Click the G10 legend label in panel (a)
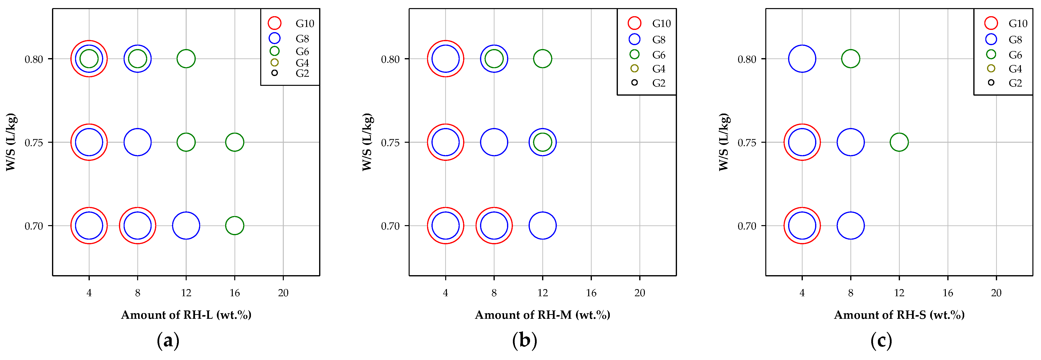pos(305,24)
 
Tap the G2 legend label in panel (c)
pos(1015,83)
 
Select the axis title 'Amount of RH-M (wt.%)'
pos(542,315)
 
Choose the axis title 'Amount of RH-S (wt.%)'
pos(899,315)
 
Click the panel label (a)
pos(168,341)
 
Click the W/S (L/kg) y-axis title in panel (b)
pos(367,142)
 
